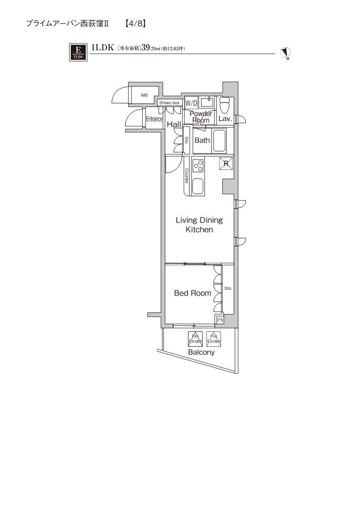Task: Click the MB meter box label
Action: coord(144,95)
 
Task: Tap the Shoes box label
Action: coord(169,103)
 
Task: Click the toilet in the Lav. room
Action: coord(224,106)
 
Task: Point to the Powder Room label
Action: coord(201,117)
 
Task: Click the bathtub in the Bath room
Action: coord(219,141)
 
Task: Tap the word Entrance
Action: coord(154,119)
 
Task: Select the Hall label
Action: coord(174,124)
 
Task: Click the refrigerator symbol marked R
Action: coord(226,163)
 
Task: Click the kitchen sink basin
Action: coord(198,186)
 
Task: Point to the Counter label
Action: coord(186,176)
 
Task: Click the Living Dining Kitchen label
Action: coord(199,225)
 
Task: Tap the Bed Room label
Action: coord(193,293)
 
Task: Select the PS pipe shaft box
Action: coord(220,320)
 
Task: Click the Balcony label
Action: coord(201,352)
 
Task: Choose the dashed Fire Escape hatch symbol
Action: coord(214,338)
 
